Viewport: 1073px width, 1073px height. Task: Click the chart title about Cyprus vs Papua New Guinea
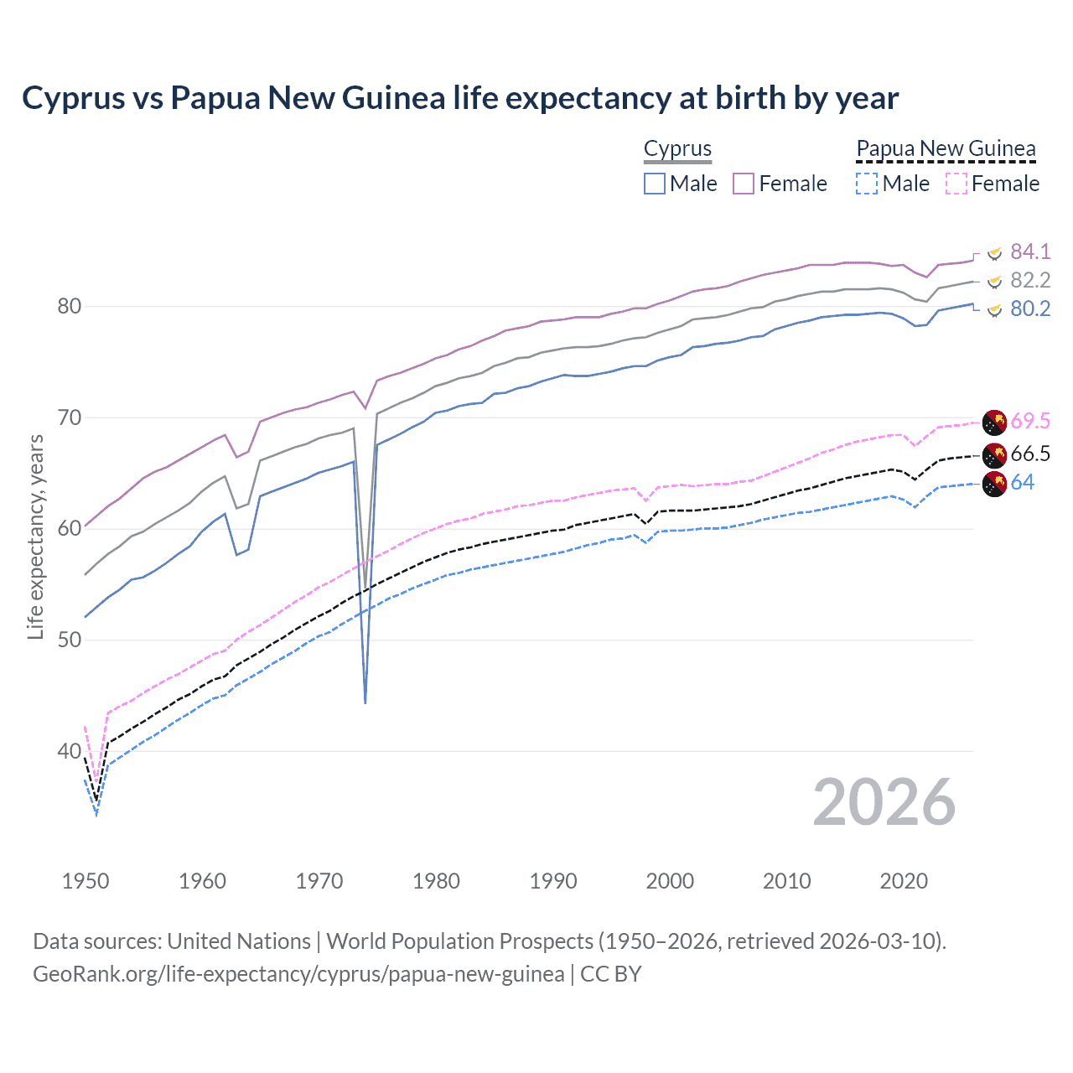tap(460, 98)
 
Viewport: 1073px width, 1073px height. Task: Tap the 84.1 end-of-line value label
tap(1029, 251)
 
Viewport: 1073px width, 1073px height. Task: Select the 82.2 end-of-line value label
tap(1029, 280)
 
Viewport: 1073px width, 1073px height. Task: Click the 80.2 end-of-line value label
tap(1029, 308)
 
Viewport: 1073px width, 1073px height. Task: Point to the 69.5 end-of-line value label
tap(1029, 421)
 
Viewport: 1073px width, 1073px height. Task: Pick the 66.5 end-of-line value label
tap(1029, 454)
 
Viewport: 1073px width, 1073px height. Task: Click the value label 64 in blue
tap(1022, 482)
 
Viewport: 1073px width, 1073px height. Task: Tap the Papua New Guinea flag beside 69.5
tap(994, 422)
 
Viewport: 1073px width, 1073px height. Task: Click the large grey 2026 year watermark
tap(884, 802)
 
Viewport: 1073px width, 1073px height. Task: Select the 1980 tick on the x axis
tap(436, 881)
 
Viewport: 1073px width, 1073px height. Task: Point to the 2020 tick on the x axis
tap(904, 881)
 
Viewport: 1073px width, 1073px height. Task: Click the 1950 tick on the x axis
tap(86, 881)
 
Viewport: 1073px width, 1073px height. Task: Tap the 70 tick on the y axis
tap(69, 417)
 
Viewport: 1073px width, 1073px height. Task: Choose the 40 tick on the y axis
tap(69, 751)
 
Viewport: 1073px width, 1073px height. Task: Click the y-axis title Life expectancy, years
tap(35, 536)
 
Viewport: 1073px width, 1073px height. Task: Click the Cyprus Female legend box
tap(744, 184)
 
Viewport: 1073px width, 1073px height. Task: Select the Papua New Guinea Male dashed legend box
tap(867, 184)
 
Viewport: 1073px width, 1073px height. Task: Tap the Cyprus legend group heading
tap(677, 148)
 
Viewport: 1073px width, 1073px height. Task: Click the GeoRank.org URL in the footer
tap(298, 974)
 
